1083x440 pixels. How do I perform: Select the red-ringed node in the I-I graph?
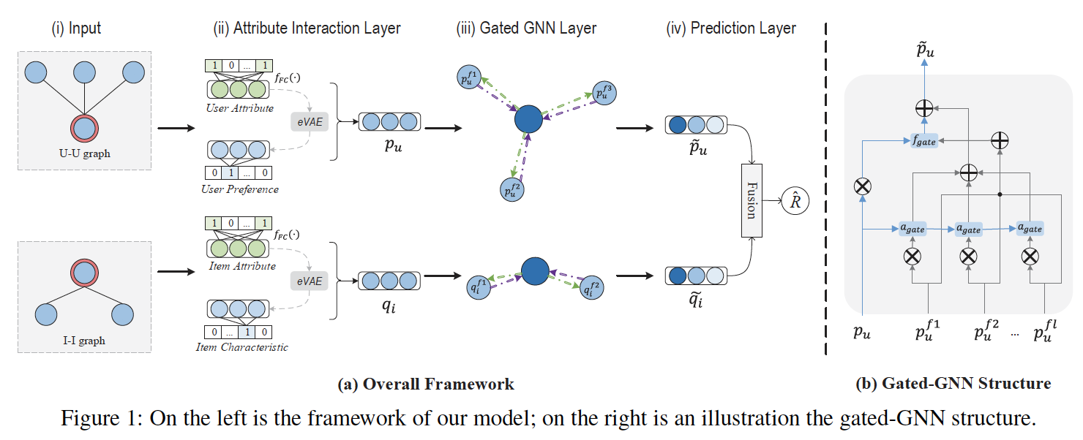coord(85,273)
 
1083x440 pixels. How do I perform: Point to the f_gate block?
coord(924,141)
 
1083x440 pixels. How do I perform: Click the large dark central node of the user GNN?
coord(528,118)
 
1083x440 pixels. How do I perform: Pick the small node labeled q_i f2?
coord(593,289)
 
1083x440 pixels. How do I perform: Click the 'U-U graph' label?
coord(84,153)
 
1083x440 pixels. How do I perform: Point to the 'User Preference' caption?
coord(239,189)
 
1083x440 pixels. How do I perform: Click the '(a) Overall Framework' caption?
coord(425,384)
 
